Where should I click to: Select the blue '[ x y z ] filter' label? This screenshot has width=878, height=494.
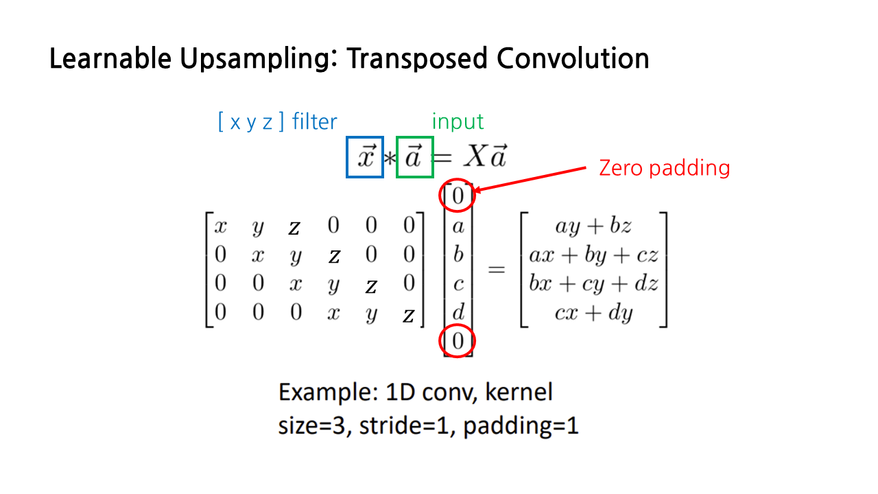click(277, 122)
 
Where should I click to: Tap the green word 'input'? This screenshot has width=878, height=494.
click(458, 122)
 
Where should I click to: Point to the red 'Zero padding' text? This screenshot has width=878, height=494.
click(664, 167)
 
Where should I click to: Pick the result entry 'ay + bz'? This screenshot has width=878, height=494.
click(594, 226)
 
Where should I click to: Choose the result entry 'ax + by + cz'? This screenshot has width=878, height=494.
click(593, 255)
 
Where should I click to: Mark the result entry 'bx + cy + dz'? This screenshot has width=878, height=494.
click(593, 284)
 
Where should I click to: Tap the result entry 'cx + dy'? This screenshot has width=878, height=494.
click(594, 313)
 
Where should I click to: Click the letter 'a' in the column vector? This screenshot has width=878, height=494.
click(458, 226)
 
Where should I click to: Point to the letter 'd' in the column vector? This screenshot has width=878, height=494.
click(458, 313)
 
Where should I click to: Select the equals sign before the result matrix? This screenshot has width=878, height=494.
click(496, 270)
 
